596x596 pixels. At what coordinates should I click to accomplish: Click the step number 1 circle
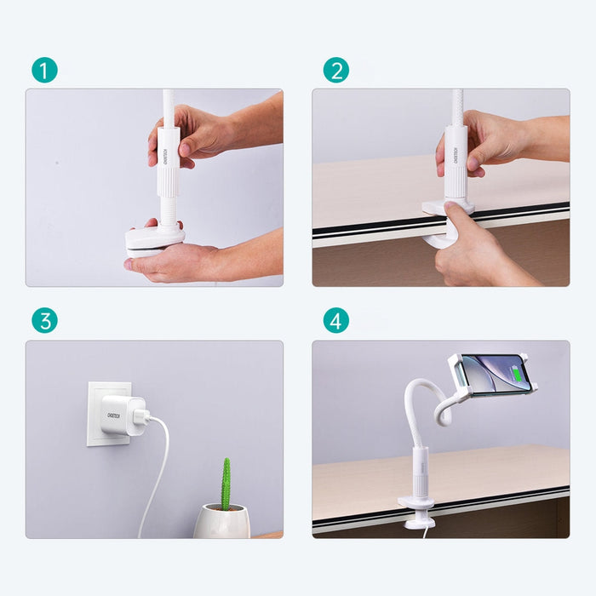[44, 70]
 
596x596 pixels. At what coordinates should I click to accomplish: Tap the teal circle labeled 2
[335, 70]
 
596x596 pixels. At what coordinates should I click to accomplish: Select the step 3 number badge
[44, 321]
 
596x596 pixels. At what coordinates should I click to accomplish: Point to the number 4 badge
[335, 321]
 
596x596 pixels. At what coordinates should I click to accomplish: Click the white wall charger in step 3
[121, 415]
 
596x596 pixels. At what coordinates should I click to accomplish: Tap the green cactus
[226, 484]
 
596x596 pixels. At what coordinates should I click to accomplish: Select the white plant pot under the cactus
[222, 521]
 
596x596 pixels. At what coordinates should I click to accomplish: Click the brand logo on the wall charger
[113, 415]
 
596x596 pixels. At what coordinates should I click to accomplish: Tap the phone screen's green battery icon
[516, 373]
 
